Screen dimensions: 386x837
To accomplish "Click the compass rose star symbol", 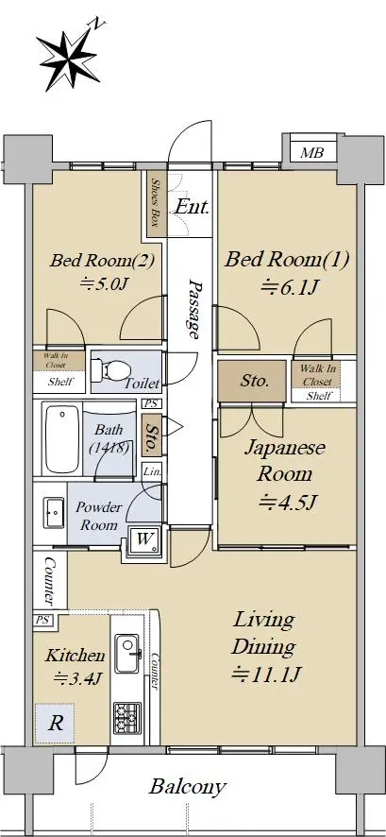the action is tap(70, 60).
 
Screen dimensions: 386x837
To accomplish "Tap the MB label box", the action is tap(311, 153).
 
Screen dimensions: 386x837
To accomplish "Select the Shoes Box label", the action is tap(155, 202).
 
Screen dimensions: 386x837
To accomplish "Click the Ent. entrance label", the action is tap(192, 207).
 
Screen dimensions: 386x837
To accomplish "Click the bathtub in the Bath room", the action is tap(62, 438).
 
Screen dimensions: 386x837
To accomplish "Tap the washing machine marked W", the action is tap(144, 539).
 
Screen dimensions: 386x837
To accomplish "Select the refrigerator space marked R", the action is tap(55, 724).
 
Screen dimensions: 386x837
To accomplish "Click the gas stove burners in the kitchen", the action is tap(126, 718).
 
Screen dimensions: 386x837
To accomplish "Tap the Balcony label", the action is tap(187, 786).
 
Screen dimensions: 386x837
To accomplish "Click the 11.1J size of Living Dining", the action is tap(267, 675).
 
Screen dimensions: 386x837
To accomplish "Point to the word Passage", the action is tap(195, 309).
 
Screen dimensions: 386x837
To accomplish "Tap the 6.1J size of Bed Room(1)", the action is tap(289, 288).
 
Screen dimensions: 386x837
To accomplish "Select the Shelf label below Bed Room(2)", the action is tap(59, 382).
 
